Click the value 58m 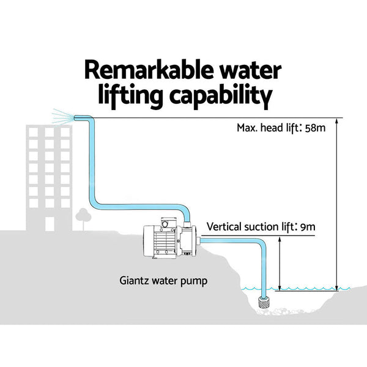pyautogui.click(x=313, y=129)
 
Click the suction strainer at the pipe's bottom pyautogui.click(x=265, y=300)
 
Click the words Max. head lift pyautogui.click(x=265, y=129)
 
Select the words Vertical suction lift pyautogui.click(x=249, y=227)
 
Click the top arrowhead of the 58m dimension pyautogui.click(x=336, y=120)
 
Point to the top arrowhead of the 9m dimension pyautogui.click(x=279, y=240)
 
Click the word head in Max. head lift pyautogui.click(x=269, y=129)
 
